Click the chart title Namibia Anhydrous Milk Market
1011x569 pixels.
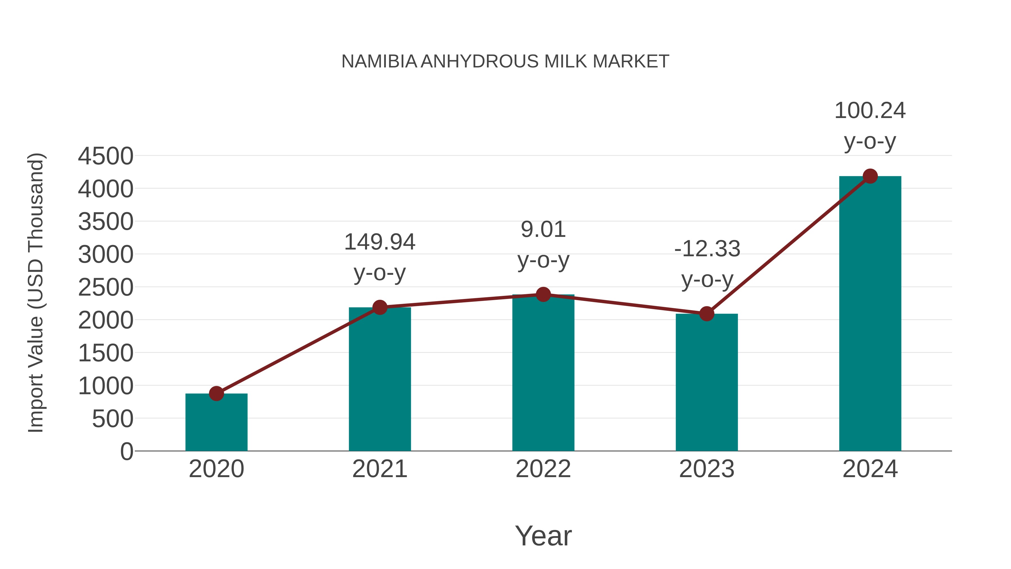tap(505, 62)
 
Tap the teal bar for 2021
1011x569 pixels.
tap(379, 381)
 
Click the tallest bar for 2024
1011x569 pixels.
tap(870, 314)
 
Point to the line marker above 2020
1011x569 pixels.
tap(216, 393)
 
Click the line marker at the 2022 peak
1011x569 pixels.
tap(543, 294)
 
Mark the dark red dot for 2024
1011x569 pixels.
tap(870, 176)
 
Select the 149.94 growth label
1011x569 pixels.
tap(379, 242)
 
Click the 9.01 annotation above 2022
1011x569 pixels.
tap(543, 230)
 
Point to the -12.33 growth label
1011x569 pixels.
tap(707, 249)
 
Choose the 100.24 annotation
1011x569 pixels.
tap(870, 111)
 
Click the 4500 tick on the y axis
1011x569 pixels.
tap(106, 156)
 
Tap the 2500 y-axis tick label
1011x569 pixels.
tap(106, 287)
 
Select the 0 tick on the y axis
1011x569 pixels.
tap(126, 452)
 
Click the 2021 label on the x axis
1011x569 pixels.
tap(379, 469)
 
